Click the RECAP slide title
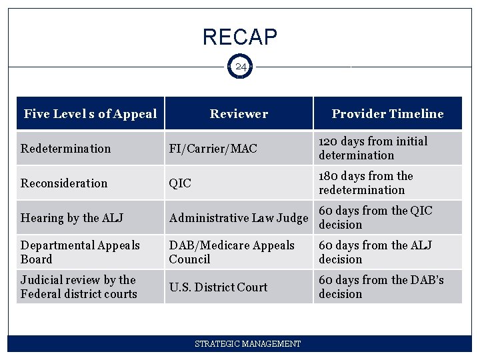tap(240, 37)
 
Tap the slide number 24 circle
tap(240, 67)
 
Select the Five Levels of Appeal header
tap(90, 114)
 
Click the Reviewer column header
tap(239, 114)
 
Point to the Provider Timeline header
tap(387, 114)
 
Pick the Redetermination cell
tap(66, 149)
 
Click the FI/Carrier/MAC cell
tap(213, 149)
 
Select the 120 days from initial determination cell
tap(373, 148)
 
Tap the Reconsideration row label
tap(64, 183)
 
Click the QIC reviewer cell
tap(180, 183)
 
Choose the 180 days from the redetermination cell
tap(366, 183)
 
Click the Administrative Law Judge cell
tap(238, 218)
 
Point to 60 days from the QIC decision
tap(375, 217)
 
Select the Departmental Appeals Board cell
tap(80, 252)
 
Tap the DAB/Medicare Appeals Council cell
tap(231, 252)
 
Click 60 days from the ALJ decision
tap(375, 252)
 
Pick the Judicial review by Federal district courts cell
tap(79, 287)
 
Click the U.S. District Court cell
tap(218, 287)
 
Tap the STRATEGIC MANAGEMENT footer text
tap(247, 344)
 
